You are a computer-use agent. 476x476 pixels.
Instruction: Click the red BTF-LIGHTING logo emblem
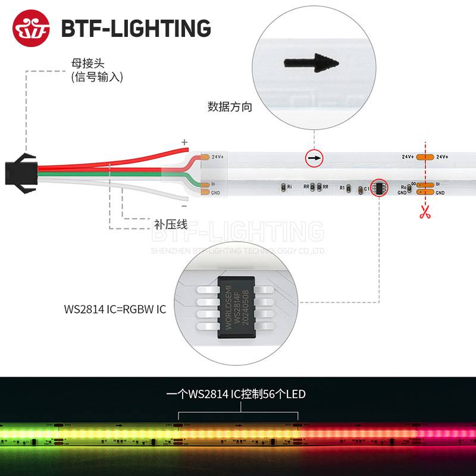click(31, 28)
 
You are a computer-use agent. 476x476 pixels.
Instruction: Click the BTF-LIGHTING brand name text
click(136, 28)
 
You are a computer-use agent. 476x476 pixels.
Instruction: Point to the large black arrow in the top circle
click(311, 62)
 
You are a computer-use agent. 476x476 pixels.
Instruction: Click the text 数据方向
click(230, 107)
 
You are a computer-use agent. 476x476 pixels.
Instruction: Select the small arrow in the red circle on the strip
click(314, 158)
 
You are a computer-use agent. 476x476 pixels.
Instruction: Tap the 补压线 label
click(171, 225)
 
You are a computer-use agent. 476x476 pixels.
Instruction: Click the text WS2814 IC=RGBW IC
click(115, 309)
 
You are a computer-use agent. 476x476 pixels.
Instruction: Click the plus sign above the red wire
click(184, 142)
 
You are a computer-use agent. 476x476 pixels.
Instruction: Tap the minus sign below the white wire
click(184, 206)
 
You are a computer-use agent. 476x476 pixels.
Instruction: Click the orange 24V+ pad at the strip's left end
click(205, 157)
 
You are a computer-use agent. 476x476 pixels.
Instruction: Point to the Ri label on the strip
click(289, 187)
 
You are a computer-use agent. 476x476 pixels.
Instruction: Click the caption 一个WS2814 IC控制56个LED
click(236, 394)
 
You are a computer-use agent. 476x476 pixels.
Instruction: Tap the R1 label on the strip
click(342, 188)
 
